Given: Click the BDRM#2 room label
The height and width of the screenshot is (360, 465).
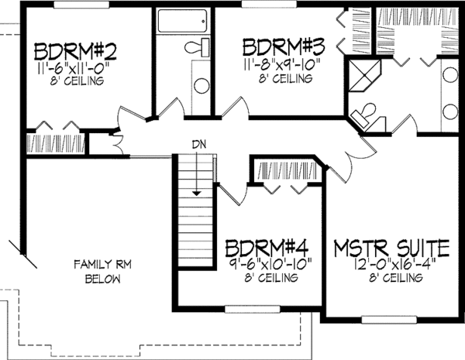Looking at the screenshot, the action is pos(75,52).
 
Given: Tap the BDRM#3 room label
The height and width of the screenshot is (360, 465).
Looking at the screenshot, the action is pos(284,46).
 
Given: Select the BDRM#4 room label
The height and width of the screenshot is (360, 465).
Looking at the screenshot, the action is pos(267,248).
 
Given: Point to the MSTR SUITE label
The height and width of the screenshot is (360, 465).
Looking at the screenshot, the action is pos(391,248).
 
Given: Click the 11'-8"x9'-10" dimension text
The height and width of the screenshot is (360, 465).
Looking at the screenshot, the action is pos(282,65).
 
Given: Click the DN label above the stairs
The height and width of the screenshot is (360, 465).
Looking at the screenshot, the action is pos(199,144).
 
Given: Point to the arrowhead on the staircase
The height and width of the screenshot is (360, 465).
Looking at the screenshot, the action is pos(196,194).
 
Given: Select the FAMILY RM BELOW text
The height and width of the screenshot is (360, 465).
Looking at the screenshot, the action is pos(102,272).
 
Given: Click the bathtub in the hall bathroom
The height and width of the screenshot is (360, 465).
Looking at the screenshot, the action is pos(182,21).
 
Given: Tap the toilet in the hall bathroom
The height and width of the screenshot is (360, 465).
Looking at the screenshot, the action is pos(197,47).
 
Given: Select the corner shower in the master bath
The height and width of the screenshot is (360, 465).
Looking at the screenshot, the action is pos(364,76).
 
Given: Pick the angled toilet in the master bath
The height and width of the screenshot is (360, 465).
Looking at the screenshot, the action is pos(364,114).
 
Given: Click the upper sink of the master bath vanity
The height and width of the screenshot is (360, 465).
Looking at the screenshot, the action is pos(450,74).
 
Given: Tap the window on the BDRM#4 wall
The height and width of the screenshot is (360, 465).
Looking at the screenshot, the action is pos(253,310).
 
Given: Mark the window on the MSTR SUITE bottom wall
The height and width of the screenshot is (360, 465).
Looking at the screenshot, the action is pos(389,320).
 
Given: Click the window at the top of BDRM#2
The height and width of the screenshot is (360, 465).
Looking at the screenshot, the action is pos(81,4).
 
